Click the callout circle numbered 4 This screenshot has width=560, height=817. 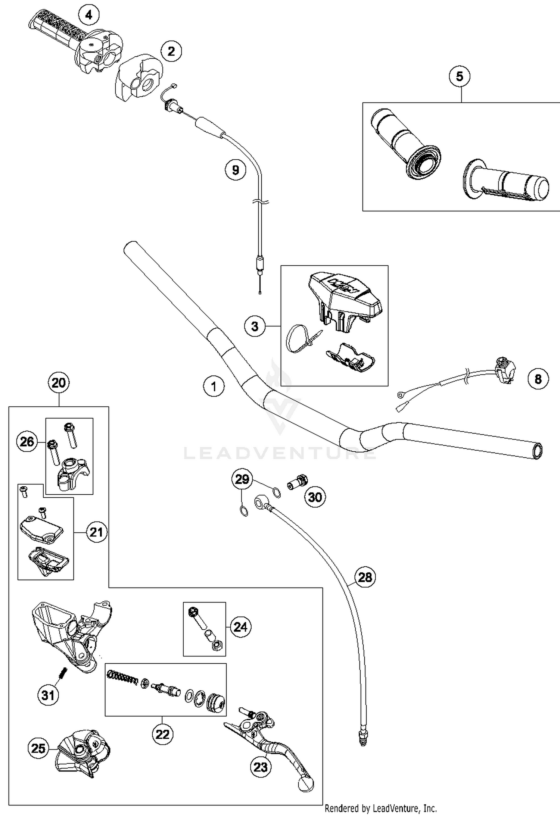88,15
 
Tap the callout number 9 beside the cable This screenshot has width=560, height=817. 236,170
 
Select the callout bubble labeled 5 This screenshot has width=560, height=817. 460,76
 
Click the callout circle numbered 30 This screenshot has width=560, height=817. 315,497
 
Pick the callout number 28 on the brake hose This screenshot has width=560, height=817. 365,577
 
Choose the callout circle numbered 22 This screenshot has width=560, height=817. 162,734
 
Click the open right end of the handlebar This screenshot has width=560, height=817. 538,451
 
